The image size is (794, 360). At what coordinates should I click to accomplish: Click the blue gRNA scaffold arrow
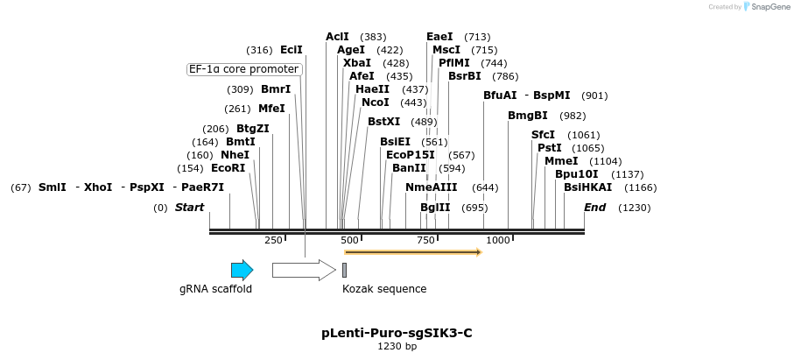click(242, 270)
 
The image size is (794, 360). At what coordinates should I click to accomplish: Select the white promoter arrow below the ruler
click(303, 270)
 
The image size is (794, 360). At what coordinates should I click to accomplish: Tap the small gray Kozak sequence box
click(345, 270)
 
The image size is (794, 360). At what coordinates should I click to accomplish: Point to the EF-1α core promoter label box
click(245, 69)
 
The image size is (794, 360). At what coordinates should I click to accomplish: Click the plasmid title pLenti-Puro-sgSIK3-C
click(397, 333)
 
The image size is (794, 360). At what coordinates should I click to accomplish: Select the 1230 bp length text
click(397, 347)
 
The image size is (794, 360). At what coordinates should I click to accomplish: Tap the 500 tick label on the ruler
click(349, 240)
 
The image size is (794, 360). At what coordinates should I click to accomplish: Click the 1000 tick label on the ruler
click(498, 240)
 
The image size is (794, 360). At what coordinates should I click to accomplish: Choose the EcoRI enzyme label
click(228, 167)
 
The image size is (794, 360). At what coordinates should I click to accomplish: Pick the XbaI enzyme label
click(357, 63)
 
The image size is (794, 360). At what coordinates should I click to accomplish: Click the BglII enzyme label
click(435, 208)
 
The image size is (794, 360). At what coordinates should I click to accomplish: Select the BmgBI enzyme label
click(528, 116)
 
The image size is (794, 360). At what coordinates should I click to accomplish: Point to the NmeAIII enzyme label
click(432, 187)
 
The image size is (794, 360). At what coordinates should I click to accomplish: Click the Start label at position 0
click(189, 208)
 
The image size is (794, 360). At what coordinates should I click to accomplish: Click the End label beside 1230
click(595, 208)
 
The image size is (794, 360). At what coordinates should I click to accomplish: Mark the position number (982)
click(573, 116)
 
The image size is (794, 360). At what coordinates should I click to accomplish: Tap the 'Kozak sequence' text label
click(384, 288)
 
